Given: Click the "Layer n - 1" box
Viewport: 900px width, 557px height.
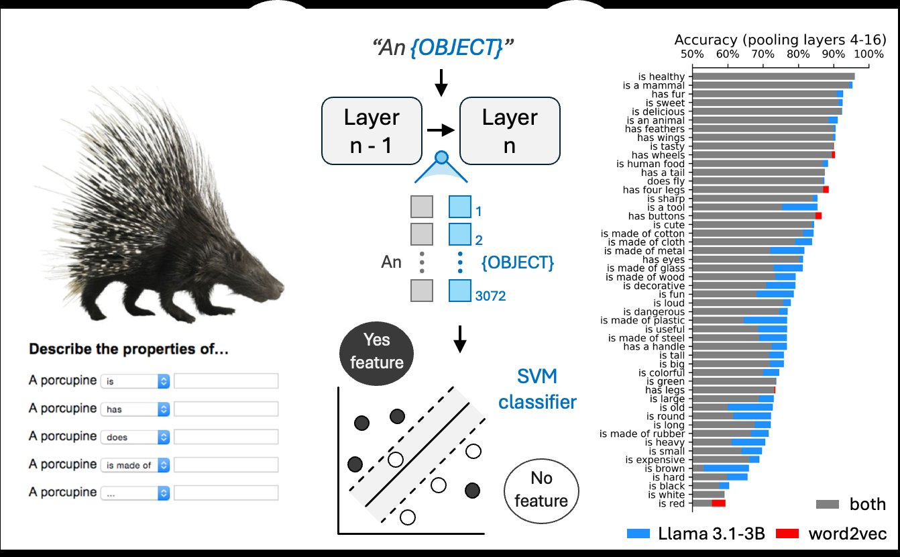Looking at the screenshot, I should coord(372,131).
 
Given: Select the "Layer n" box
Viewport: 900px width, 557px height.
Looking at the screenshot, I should coord(509,131).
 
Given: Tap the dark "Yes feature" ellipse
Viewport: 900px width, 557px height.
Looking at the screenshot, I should coord(377,351).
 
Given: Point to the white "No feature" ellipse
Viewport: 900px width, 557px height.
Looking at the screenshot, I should coord(541,489).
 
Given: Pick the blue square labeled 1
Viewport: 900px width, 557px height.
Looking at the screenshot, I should coord(460,206).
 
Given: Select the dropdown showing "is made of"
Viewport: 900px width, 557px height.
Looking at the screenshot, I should coord(135,464).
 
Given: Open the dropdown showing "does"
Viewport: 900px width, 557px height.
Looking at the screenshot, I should coord(135,437).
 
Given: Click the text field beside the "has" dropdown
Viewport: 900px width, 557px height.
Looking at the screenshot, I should coord(225,409).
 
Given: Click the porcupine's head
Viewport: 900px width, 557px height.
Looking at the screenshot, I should coord(265,282).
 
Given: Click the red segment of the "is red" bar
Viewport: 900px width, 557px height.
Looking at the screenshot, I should coord(718,503).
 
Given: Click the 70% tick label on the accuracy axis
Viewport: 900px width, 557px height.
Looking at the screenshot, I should coord(763,54).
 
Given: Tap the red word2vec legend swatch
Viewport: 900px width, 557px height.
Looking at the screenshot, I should coord(787,534).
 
